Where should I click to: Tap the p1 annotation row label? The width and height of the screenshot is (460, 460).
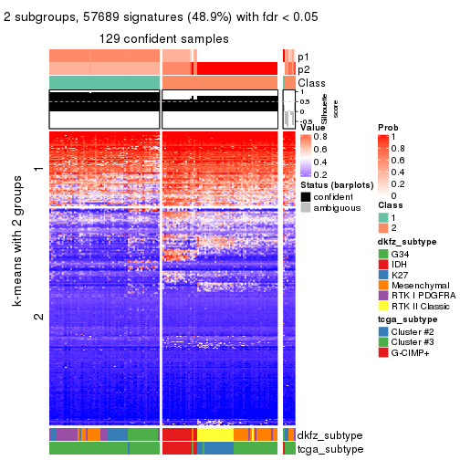tap(303, 56)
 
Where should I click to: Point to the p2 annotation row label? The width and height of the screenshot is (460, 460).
tap(303, 69)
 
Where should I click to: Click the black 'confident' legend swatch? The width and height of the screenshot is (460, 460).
tap(305, 196)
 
